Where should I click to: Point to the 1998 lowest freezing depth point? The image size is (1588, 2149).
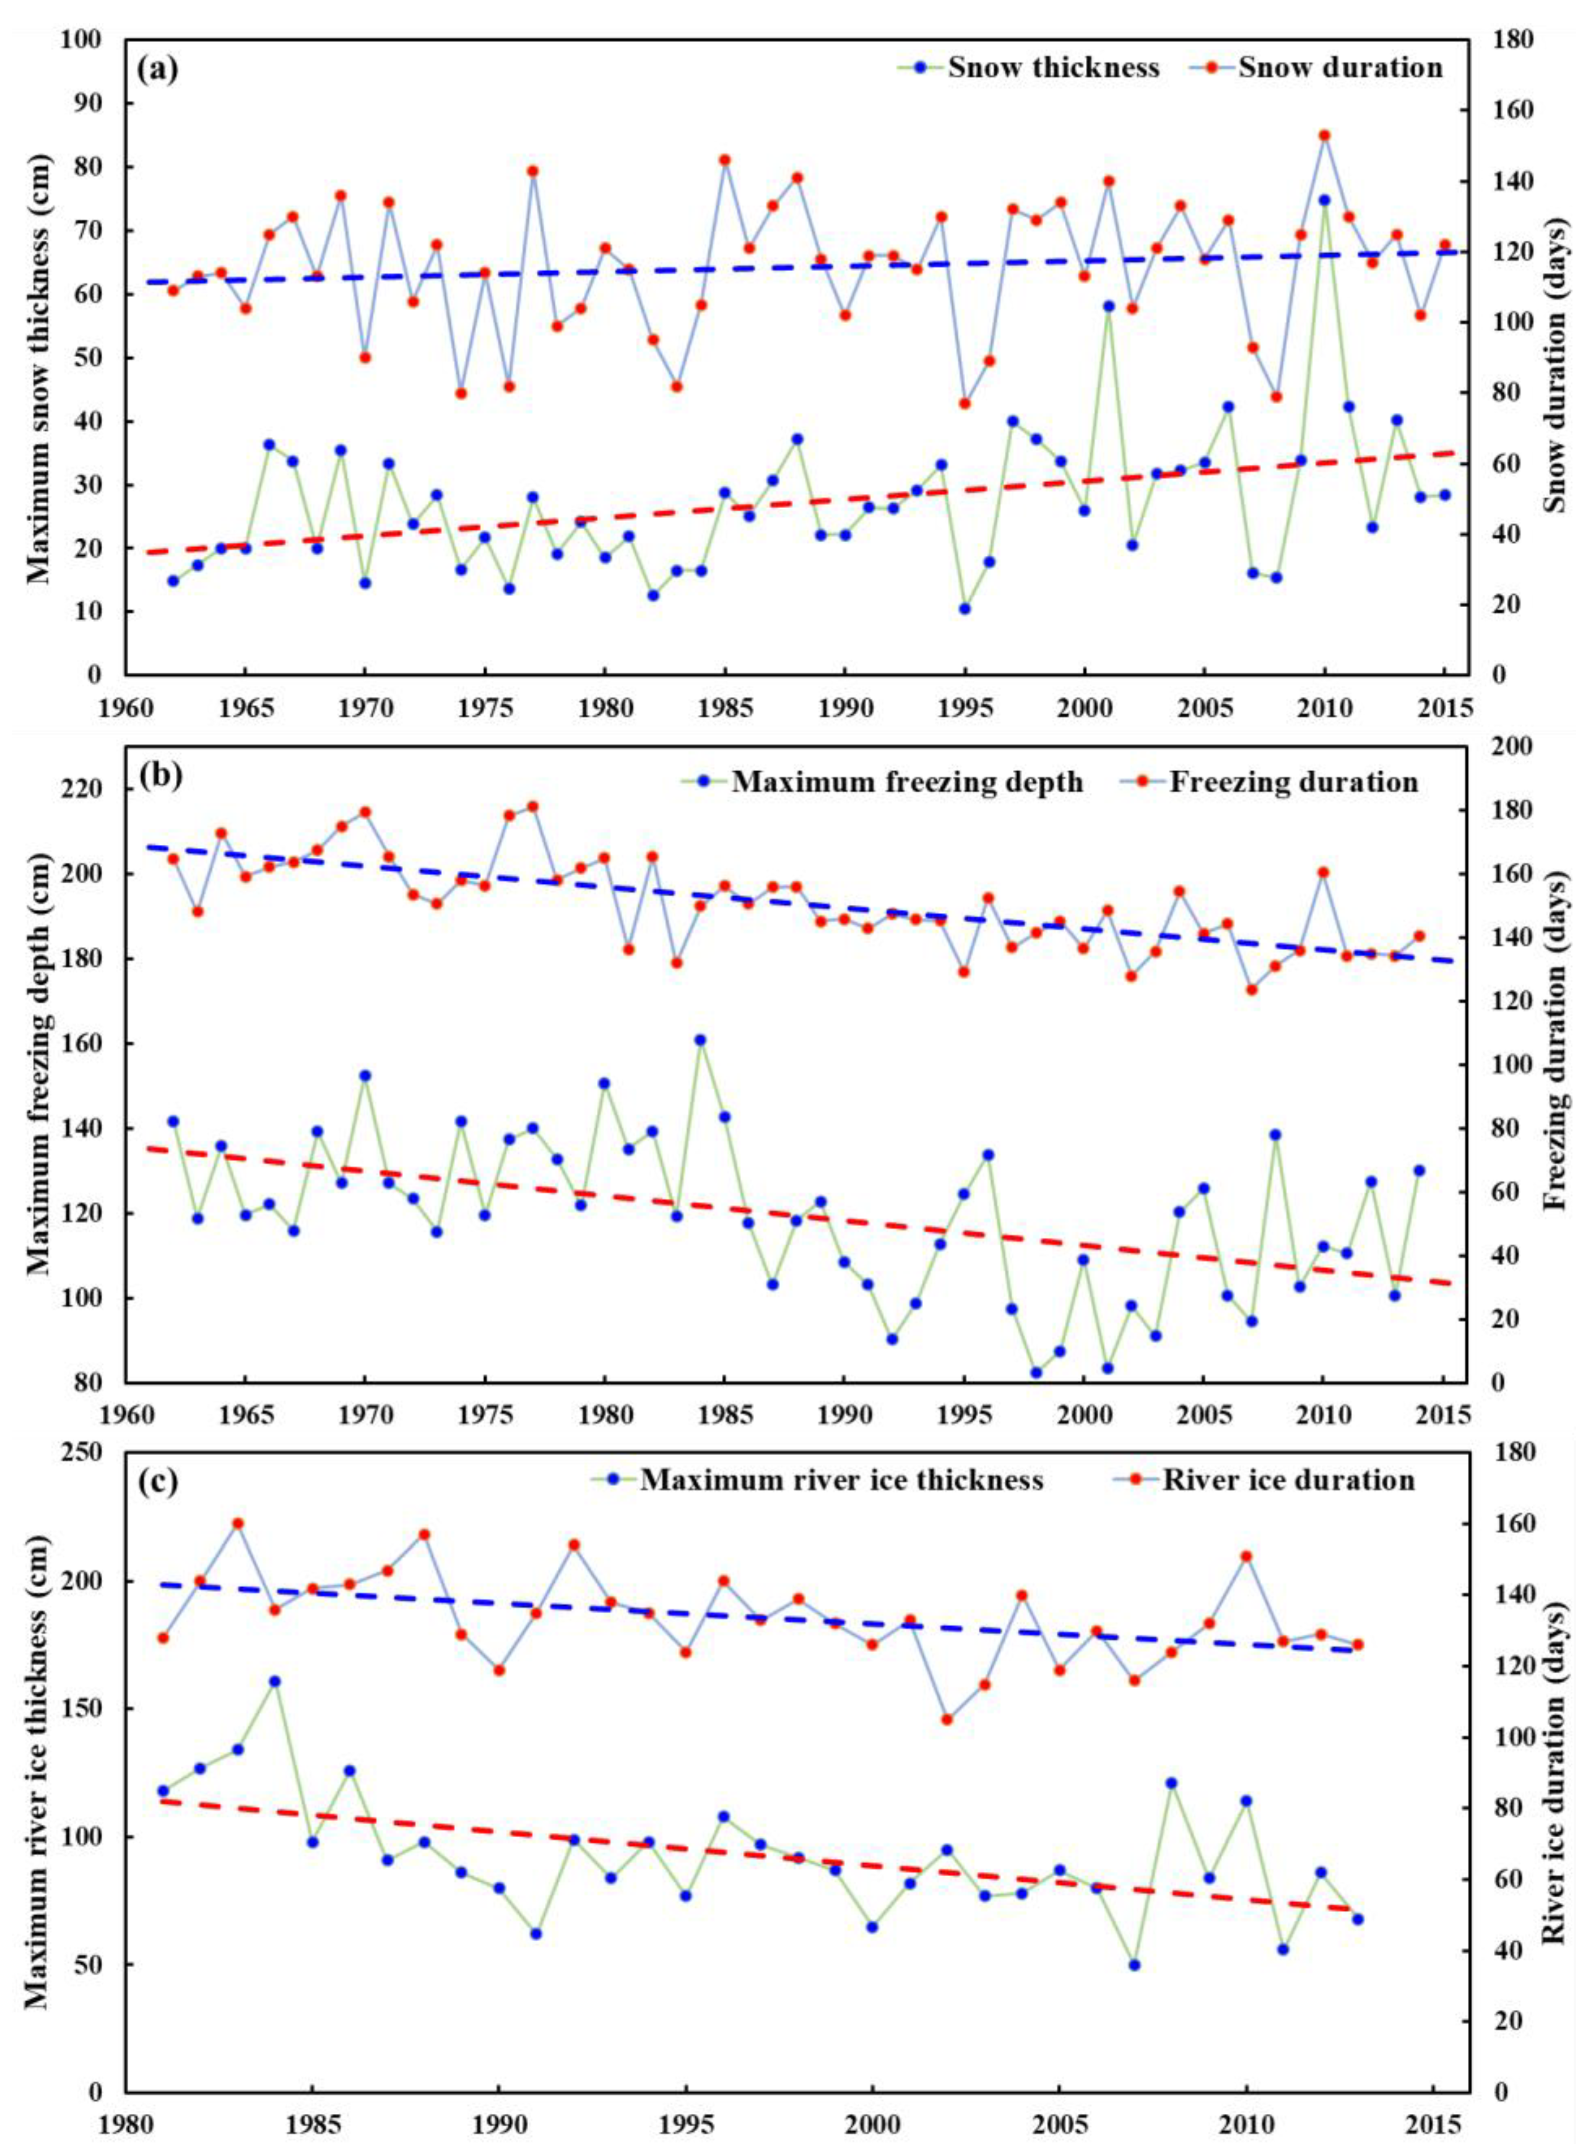point(1036,1372)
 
